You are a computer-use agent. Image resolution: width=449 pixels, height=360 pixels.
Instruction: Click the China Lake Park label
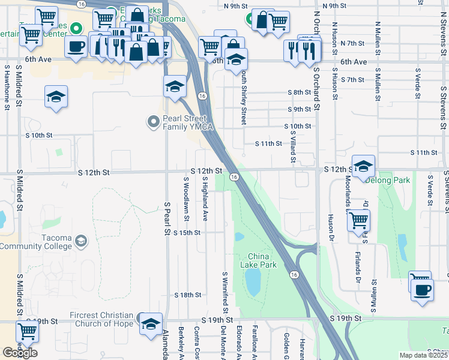(259, 260)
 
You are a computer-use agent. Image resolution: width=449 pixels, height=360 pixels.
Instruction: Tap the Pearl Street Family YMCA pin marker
(154, 122)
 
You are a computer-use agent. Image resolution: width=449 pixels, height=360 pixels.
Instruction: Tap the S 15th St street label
(187, 232)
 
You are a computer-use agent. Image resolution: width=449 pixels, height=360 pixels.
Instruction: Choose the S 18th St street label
(187, 295)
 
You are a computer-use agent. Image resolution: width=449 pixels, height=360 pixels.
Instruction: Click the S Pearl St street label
(167, 218)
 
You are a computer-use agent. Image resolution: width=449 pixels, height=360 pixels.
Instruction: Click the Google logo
(20, 352)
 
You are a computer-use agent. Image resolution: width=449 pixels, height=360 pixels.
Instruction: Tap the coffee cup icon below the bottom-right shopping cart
(423, 289)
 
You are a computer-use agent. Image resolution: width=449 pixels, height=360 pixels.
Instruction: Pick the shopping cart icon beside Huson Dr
(358, 220)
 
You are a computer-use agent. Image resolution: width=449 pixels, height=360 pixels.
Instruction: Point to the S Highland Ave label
(205, 198)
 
